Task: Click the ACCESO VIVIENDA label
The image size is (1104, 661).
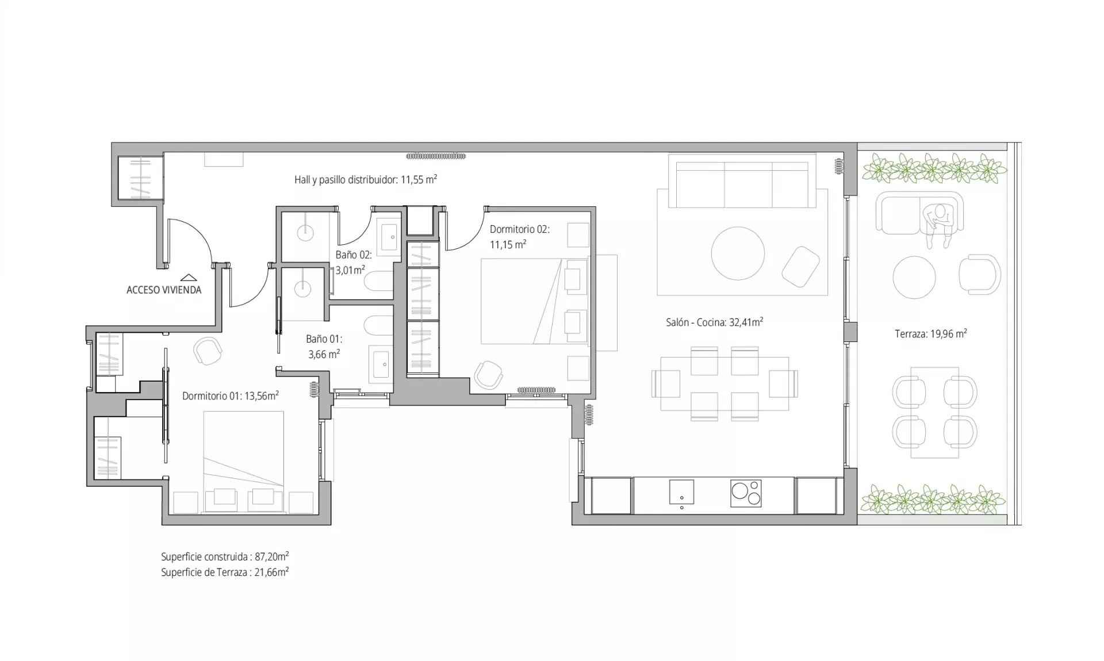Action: click(x=164, y=290)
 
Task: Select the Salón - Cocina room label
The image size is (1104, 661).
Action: click(x=714, y=322)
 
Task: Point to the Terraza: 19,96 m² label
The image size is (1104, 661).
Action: click(x=930, y=333)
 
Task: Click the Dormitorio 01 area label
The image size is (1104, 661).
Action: click(x=231, y=395)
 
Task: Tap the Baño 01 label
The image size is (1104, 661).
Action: click(x=324, y=347)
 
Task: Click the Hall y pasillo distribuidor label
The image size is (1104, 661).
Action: click(x=366, y=179)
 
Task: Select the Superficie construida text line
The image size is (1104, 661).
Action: click(x=225, y=556)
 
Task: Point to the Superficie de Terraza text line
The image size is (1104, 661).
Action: click(x=225, y=572)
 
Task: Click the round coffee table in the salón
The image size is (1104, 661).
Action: click(x=738, y=253)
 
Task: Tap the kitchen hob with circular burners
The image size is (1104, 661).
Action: click(x=746, y=493)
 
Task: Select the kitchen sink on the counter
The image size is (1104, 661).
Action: click(x=681, y=492)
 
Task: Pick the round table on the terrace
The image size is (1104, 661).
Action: click(x=914, y=277)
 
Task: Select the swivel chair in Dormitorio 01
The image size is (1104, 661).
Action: click(x=208, y=351)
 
